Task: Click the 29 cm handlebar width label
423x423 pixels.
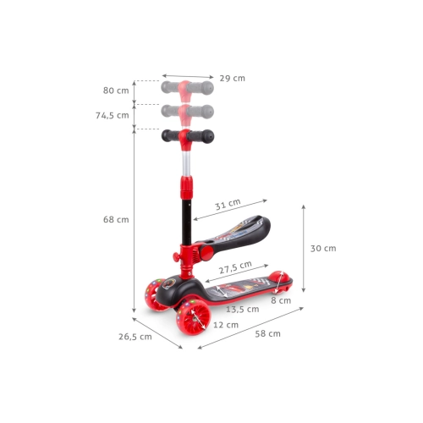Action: coord(233,78)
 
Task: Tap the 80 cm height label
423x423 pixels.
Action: coord(116,91)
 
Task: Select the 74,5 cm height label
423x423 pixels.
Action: coord(113,115)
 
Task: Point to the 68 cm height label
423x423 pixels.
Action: coord(116,219)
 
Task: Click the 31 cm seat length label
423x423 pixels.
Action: coord(228,204)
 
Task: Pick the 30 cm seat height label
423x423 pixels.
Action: coord(323,249)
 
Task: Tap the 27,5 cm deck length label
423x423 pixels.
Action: coord(235,267)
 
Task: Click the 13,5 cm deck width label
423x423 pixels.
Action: coord(243,309)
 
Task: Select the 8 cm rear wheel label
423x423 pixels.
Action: coord(281,300)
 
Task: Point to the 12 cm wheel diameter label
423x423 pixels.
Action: coord(226,325)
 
